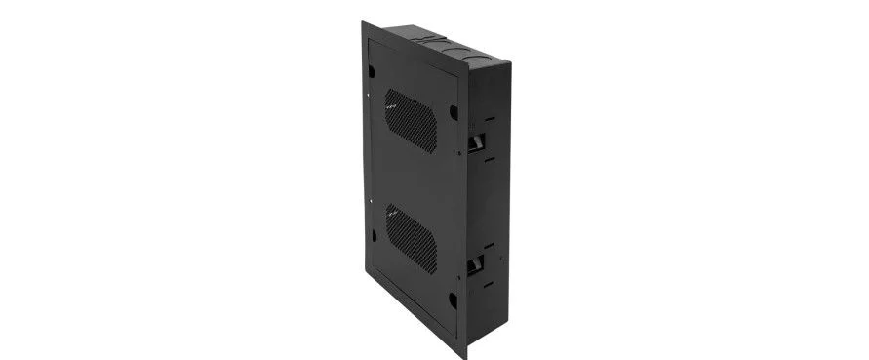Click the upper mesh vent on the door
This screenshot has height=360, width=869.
point(410,119)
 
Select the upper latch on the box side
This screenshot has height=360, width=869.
point(477,144)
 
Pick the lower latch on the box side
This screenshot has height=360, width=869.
point(477,264)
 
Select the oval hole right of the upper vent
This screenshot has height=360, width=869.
point(453,111)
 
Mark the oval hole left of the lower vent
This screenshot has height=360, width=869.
point(373,234)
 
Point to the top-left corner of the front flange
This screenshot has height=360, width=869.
point(363,22)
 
